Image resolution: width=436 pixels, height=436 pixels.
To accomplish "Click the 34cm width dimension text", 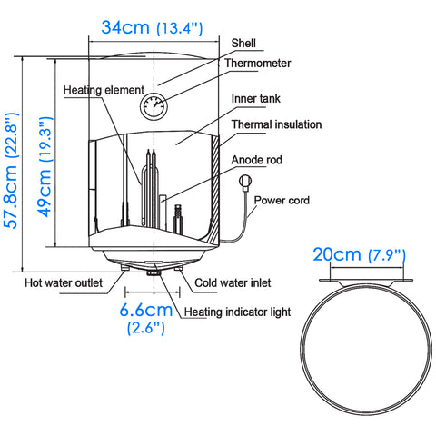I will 124,27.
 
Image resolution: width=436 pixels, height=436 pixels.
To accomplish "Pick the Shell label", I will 243,42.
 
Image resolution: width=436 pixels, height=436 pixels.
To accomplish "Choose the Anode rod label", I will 256,160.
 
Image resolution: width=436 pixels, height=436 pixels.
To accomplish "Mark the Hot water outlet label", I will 63,282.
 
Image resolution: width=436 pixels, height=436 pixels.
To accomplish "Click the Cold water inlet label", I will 233,282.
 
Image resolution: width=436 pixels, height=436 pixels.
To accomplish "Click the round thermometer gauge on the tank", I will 154,106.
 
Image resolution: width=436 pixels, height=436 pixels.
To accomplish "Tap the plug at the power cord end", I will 244,183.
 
